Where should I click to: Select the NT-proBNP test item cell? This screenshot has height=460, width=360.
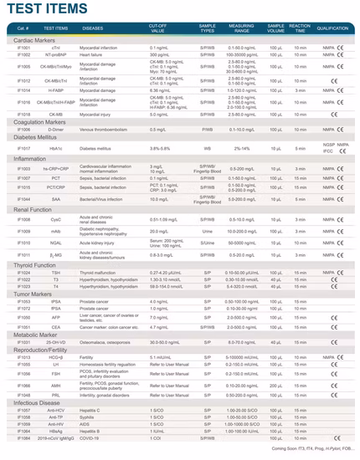(x=55, y=55)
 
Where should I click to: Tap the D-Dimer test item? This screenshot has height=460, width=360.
(x=55, y=130)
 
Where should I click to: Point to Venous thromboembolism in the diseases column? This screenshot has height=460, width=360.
(x=105, y=130)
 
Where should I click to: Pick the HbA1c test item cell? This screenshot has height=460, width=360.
(x=55, y=148)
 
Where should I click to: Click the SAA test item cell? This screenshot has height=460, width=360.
(x=55, y=199)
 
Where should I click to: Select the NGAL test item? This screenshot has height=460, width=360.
(x=55, y=243)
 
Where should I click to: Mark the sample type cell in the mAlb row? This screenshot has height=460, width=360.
(x=207, y=231)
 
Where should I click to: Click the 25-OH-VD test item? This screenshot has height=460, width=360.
(x=55, y=341)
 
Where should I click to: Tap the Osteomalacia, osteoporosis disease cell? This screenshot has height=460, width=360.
(x=104, y=341)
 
